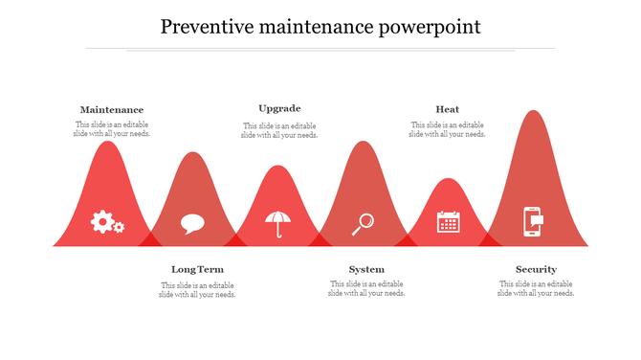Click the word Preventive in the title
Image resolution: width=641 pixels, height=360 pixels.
tap(203, 26)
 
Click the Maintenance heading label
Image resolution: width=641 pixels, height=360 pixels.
tap(112, 110)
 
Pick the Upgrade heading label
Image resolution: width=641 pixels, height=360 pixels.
tap(279, 108)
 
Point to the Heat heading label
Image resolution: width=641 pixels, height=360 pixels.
tap(447, 109)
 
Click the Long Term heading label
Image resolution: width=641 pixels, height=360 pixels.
tap(197, 269)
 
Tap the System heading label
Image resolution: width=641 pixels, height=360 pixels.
tap(366, 269)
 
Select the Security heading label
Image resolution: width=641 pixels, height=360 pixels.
tap(536, 269)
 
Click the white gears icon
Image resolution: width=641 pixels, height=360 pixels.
tap(107, 222)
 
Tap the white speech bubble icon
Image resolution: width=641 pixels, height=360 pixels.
tap(192, 224)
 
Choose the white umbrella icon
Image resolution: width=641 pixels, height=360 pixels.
tap(279, 223)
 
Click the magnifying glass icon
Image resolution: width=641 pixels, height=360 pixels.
tap(363, 224)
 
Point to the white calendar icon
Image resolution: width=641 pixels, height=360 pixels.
tap(448, 222)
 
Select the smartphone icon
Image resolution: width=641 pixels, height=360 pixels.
tap(533, 221)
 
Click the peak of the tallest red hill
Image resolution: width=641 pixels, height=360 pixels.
tap(533, 113)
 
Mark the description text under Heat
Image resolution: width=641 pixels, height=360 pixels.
tap(447, 129)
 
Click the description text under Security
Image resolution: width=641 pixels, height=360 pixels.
tap(536, 289)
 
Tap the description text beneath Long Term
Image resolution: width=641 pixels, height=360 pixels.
tap(197, 290)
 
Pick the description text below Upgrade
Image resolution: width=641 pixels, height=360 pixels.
tap(279, 130)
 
